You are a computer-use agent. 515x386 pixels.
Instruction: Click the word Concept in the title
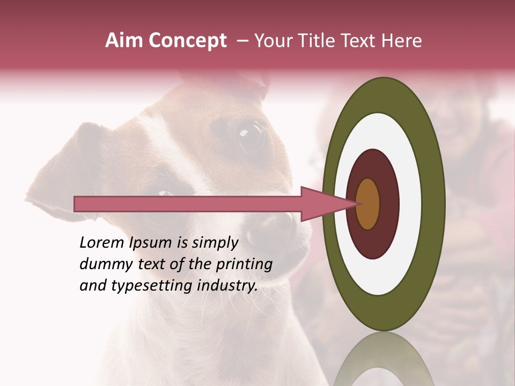point(187,41)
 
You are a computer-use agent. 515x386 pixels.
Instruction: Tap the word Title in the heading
point(317,41)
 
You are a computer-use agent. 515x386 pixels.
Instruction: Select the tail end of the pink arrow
point(78,204)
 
